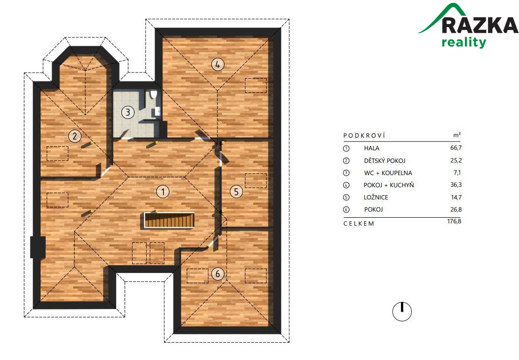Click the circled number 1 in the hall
coord(163,191)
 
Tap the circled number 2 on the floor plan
coord(75,136)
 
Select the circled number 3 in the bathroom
coord(128,112)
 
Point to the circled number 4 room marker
coord(217,64)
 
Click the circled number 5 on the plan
coord(236,191)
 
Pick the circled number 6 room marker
coord(217,274)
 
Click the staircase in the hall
coord(169,220)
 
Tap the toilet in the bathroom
coord(153,94)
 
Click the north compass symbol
coord(402,311)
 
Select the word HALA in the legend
coord(371,148)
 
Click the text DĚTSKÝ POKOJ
coord(384,161)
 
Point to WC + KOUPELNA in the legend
coord(388,173)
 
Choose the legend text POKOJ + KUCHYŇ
coord(389,185)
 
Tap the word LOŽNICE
coord(376,197)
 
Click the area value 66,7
coord(456,148)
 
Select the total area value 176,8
coord(454,221)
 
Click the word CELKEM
coord(358,224)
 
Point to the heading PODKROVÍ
coord(364,135)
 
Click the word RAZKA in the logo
coord(480,25)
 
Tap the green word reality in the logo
coord(464,42)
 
